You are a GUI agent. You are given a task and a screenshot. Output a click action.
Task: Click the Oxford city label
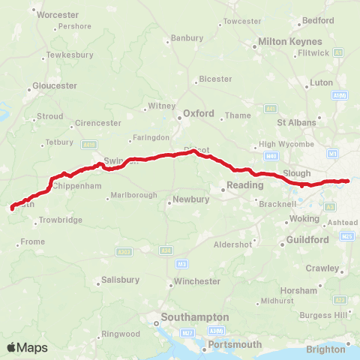[x=199, y=114]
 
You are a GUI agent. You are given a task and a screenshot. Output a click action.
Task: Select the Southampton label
[x=192, y=317]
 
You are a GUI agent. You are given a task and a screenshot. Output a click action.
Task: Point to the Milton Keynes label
[x=289, y=43]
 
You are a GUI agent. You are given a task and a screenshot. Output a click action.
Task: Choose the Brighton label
[x=326, y=349]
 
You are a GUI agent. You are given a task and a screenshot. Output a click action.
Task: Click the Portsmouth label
[x=235, y=345]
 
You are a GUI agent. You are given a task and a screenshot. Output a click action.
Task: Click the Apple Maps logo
[x=27, y=347]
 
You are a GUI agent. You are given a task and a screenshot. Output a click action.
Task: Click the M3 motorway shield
[x=182, y=264]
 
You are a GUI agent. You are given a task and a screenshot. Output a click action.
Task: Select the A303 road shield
[x=125, y=251]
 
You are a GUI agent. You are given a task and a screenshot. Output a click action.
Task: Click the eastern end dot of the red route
[x=347, y=180]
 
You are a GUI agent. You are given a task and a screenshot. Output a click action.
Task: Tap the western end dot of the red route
[x=11, y=208]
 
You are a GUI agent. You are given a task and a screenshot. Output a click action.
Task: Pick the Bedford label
[x=316, y=21]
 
